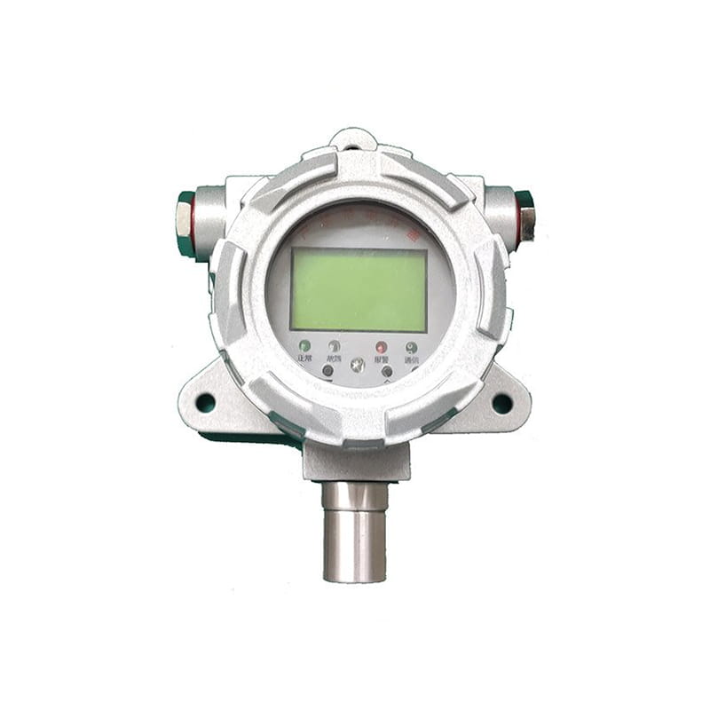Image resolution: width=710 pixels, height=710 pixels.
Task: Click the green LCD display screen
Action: click(359, 289)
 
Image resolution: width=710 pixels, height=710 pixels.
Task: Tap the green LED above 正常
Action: click(304, 345)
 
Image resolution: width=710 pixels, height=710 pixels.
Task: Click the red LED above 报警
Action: click(381, 347)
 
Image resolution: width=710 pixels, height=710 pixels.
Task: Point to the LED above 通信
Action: click(411, 347)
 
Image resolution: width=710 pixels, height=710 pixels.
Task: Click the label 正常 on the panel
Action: click(304, 359)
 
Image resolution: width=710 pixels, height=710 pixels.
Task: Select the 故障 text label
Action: click(335, 359)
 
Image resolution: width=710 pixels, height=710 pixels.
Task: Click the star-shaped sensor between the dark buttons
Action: click(358, 365)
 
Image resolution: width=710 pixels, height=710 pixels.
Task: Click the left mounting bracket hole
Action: click(205, 402)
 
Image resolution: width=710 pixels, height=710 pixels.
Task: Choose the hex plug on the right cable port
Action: click(525, 216)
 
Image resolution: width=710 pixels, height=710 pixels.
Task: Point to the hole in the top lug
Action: click(352, 138)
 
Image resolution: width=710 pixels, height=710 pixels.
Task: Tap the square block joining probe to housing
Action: click(356, 461)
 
